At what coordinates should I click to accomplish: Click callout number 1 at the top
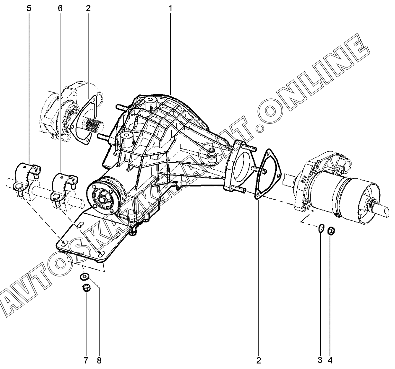(x=170, y=8)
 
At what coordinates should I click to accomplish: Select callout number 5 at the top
(x=29, y=8)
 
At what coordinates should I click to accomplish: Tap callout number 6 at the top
(x=60, y=8)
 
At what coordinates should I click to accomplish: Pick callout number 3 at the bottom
(x=320, y=360)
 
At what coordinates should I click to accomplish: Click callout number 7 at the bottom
(x=86, y=360)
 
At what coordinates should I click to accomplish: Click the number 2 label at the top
(x=88, y=8)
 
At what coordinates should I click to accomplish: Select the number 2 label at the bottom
(x=258, y=360)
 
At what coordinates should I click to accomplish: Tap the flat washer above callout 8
(x=85, y=276)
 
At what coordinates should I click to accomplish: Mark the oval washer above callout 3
(x=320, y=229)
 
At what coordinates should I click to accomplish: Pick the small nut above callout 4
(x=331, y=230)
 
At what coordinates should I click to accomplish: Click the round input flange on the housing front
(x=103, y=198)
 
